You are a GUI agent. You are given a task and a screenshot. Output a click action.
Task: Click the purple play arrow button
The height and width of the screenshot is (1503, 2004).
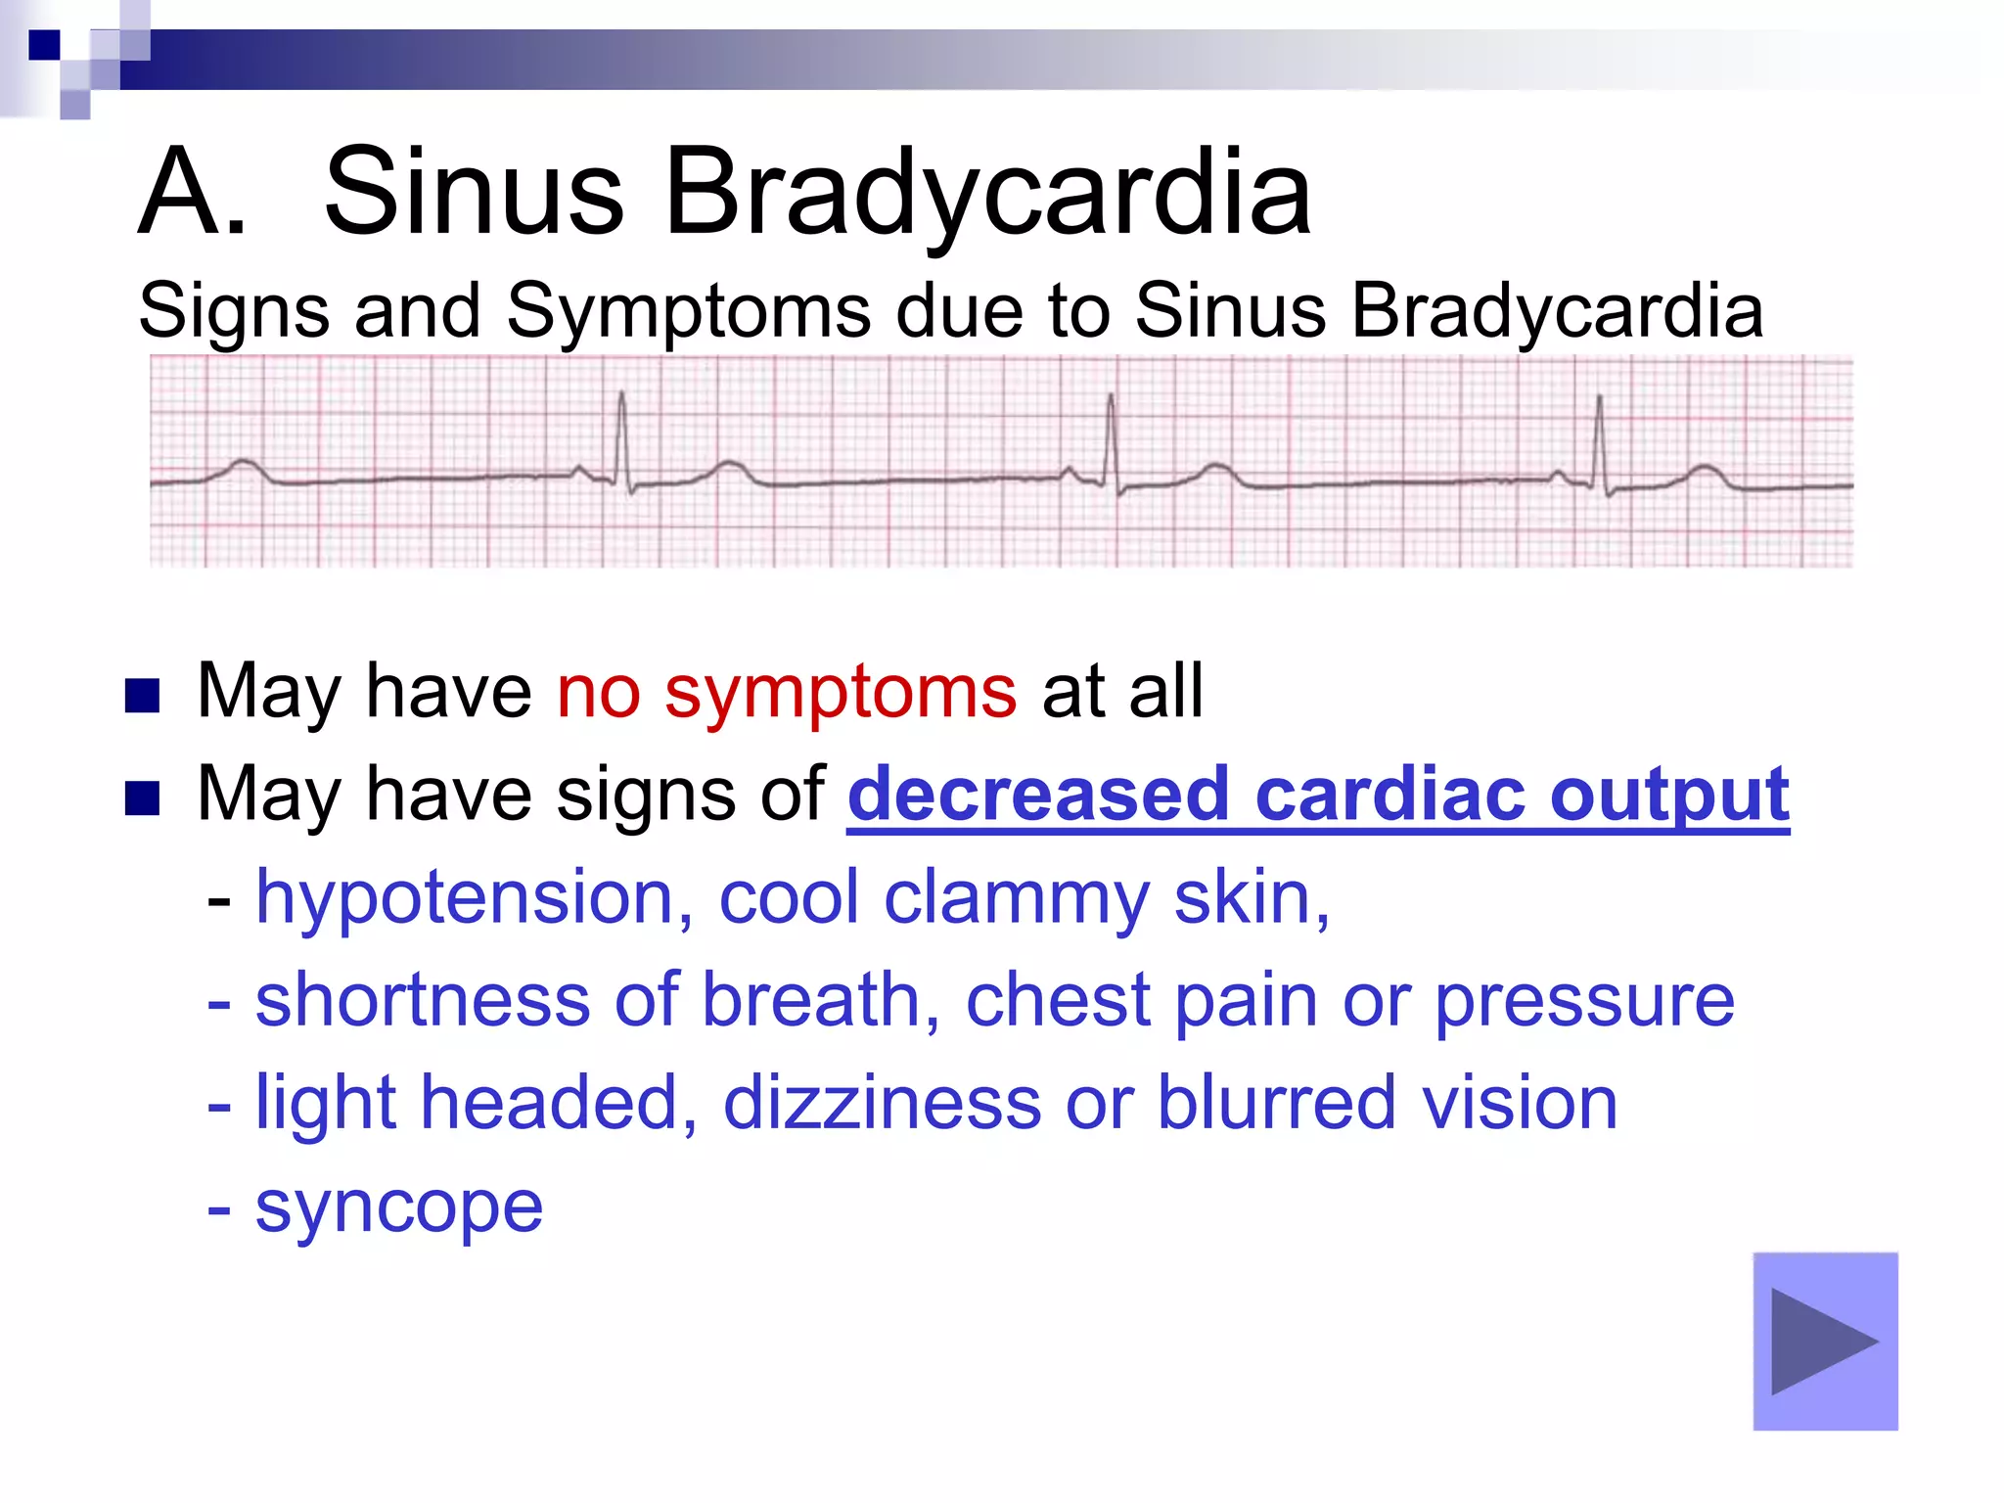1825,1342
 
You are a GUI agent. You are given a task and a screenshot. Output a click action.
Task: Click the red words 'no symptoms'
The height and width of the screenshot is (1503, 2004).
787,692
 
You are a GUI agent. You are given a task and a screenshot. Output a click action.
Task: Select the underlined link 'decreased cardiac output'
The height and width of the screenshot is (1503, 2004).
1317,795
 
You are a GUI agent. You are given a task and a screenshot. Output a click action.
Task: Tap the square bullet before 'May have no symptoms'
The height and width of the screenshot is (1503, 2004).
143,696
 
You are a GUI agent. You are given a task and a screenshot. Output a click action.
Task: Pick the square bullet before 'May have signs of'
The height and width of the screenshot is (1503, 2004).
143,798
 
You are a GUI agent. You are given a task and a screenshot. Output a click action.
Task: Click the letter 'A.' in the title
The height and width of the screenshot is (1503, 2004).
192,192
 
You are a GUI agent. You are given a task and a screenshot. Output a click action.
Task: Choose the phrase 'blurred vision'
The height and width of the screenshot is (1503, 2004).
1387,1103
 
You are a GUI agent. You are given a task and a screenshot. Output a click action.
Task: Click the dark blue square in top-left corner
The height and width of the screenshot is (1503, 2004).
44,45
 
